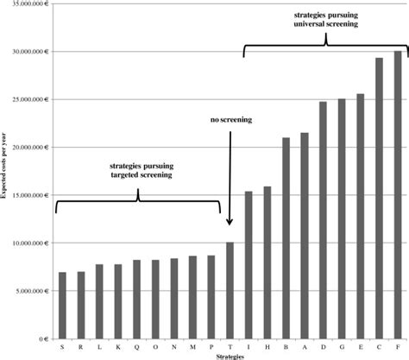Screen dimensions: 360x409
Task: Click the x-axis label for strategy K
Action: pyautogui.click(x=118, y=347)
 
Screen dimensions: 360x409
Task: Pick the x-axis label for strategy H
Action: pyautogui.click(x=267, y=347)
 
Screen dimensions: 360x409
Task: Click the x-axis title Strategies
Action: pyautogui.click(x=229, y=356)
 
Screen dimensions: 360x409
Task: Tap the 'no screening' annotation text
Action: pyautogui.click(x=230, y=120)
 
